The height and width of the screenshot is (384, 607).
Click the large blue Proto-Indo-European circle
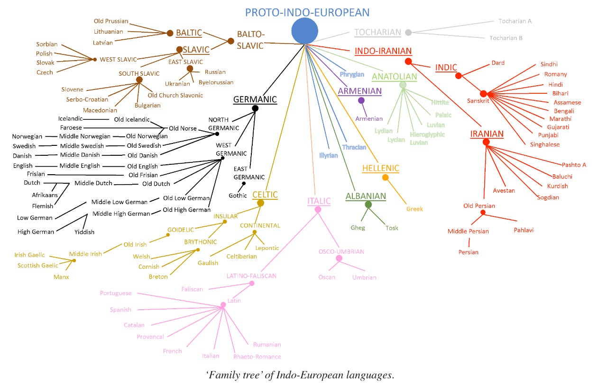pos(305,31)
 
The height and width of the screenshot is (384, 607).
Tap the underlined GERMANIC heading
pos(255,100)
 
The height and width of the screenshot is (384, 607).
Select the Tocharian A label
pos(515,21)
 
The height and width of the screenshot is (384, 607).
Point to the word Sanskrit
pos(478,101)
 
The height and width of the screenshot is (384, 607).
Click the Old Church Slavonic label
pos(175,95)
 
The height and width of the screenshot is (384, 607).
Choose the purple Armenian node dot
pos(361,100)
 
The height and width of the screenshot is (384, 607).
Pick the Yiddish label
pos(84,232)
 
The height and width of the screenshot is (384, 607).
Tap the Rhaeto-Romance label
pos(257,357)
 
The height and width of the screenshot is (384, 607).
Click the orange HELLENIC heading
pos(380,168)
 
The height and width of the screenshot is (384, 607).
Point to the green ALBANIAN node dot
pos(368,205)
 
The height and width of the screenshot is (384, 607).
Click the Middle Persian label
pos(468,232)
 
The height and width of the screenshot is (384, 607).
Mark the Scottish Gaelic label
pos(38,266)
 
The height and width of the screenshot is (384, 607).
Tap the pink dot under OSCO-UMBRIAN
pos(339,259)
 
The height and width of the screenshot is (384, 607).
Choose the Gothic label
pos(238,196)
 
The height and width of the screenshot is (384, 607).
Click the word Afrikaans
pos(45,195)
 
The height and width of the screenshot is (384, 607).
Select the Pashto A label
pos(574,165)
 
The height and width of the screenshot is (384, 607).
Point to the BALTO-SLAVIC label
pos(250,40)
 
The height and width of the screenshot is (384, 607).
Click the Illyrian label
pos(328,155)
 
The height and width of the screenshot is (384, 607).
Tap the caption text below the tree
pos(300,375)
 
